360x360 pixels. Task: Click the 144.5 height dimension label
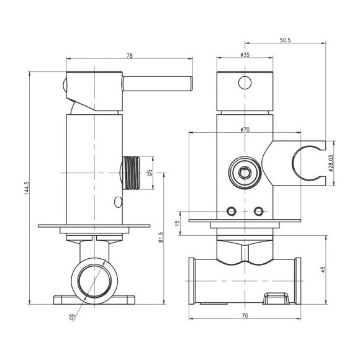pos(27,188)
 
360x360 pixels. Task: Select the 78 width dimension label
pos(130,56)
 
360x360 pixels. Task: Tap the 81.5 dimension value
pos(161,237)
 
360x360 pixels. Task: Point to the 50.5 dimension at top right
pos(285,40)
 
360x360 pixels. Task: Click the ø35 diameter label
pos(245,55)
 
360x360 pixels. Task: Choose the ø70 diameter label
pos(245,130)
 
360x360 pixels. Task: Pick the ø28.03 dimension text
pos(331,163)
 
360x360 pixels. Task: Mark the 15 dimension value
pos(177,223)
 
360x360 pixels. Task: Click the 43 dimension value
pos(323,269)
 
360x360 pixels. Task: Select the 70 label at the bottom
pos(245,316)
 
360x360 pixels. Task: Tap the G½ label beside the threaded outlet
pos(150,173)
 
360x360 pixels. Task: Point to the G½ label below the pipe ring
pos(72,317)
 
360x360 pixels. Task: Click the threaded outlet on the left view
pos(131,173)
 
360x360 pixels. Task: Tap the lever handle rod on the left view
pos(158,84)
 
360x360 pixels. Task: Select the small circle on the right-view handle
pos(245,83)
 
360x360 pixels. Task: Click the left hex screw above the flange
pos(231,211)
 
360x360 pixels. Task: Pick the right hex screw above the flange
pos(259,211)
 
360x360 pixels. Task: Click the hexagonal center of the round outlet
pos(245,172)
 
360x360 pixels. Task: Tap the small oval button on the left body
pos(118,202)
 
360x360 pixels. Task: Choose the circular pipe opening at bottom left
pos(94,281)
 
